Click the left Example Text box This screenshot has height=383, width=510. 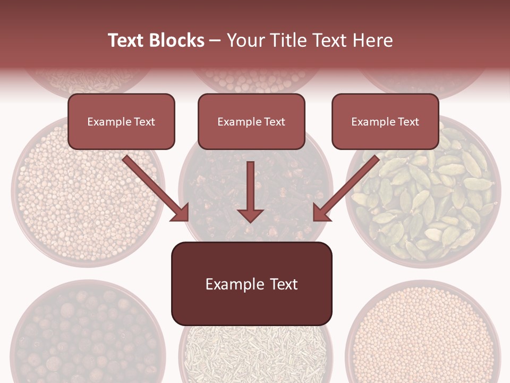[x=121, y=121]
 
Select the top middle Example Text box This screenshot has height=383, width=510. [x=251, y=121]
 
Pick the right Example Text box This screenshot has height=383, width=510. [x=385, y=121]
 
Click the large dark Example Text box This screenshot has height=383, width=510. [x=251, y=284]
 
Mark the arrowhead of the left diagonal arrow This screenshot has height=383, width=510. [x=181, y=213]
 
